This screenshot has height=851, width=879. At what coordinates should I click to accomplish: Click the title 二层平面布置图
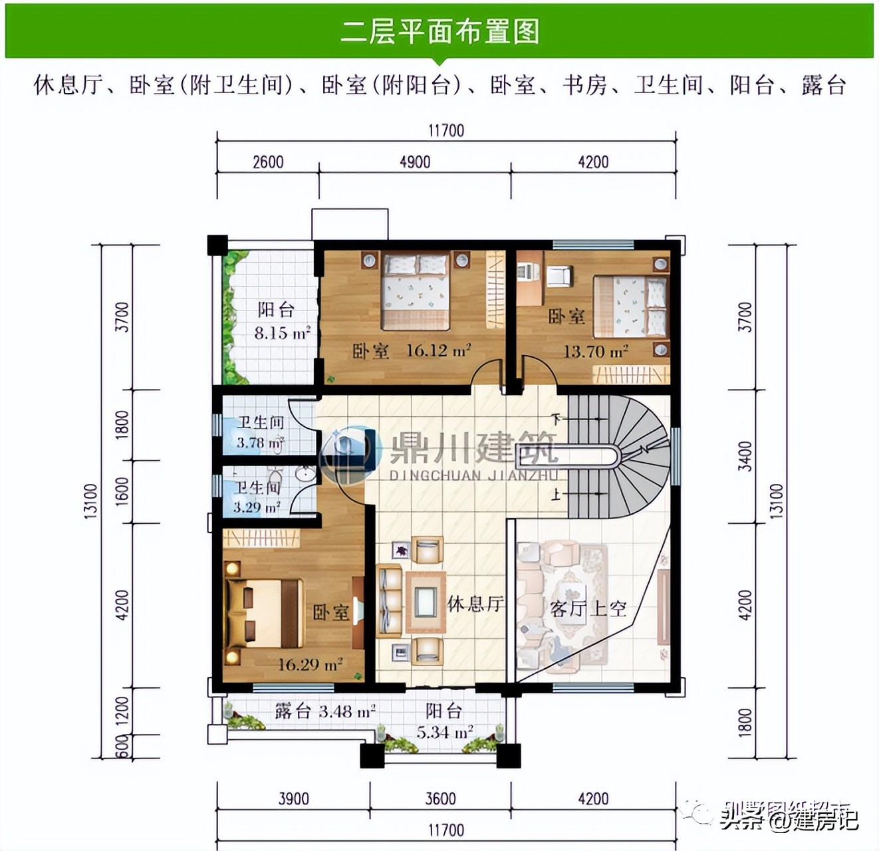[x=439, y=31]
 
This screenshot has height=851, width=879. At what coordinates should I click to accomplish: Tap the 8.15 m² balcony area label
[x=283, y=332]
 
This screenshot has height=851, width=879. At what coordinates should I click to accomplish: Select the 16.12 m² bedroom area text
[x=439, y=350]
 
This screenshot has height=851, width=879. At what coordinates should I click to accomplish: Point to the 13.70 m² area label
[x=596, y=351]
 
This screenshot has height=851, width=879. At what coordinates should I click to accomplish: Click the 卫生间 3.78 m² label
[x=261, y=432]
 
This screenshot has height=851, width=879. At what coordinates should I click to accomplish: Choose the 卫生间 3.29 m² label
[x=257, y=497]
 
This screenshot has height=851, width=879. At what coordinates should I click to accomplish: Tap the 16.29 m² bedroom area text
[x=310, y=664]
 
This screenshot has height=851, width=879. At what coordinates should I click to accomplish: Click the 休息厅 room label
[x=475, y=604]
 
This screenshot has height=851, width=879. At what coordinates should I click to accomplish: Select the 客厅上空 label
[x=588, y=608]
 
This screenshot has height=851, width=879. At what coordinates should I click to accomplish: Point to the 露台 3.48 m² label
[x=325, y=711]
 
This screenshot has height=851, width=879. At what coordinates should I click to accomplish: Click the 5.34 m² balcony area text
[x=445, y=732]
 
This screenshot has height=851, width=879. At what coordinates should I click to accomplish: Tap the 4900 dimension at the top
[x=415, y=162]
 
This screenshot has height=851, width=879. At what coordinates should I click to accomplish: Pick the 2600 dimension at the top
[x=268, y=162]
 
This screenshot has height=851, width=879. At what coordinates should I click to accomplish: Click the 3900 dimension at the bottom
[x=293, y=798]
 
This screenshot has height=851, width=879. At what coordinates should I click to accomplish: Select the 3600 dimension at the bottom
[x=440, y=798]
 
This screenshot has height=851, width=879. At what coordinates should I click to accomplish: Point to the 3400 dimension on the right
[x=745, y=456]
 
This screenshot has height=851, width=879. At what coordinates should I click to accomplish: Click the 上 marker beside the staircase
[x=557, y=494]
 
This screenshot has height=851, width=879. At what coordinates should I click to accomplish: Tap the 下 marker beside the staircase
[x=557, y=419]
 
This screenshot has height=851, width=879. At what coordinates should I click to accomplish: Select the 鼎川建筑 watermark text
[x=473, y=449]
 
